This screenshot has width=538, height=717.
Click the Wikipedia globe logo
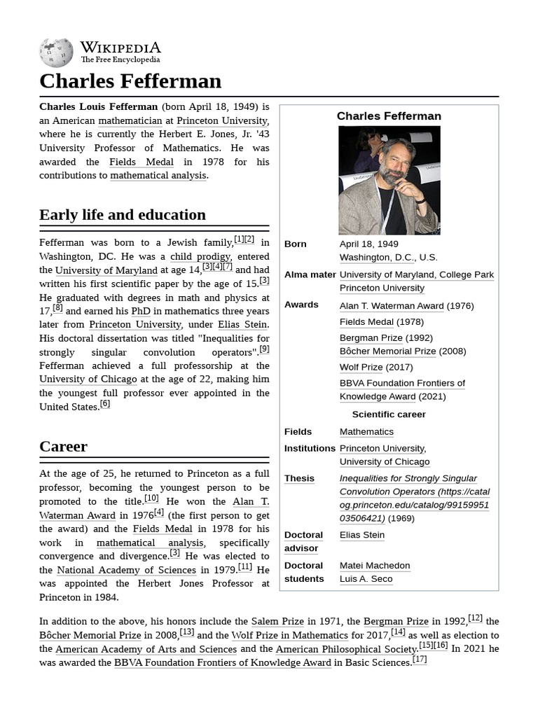(x=56, y=53)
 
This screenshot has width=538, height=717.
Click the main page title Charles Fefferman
(x=130, y=81)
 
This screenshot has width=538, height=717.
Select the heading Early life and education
(x=123, y=214)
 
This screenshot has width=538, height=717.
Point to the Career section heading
(x=63, y=446)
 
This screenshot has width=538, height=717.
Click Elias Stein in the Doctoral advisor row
(x=361, y=535)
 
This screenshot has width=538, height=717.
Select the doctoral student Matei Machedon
(x=375, y=565)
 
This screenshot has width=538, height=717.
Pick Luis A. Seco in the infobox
(x=366, y=579)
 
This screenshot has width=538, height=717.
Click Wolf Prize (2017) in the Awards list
(x=361, y=367)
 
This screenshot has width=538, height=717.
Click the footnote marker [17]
(x=420, y=660)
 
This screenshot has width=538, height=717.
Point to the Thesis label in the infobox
(x=299, y=478)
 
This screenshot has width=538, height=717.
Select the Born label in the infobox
(x=296, y=244)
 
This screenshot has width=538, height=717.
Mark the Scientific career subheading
(x=388, y=415)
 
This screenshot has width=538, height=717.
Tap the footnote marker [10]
(x=151, y=499)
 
